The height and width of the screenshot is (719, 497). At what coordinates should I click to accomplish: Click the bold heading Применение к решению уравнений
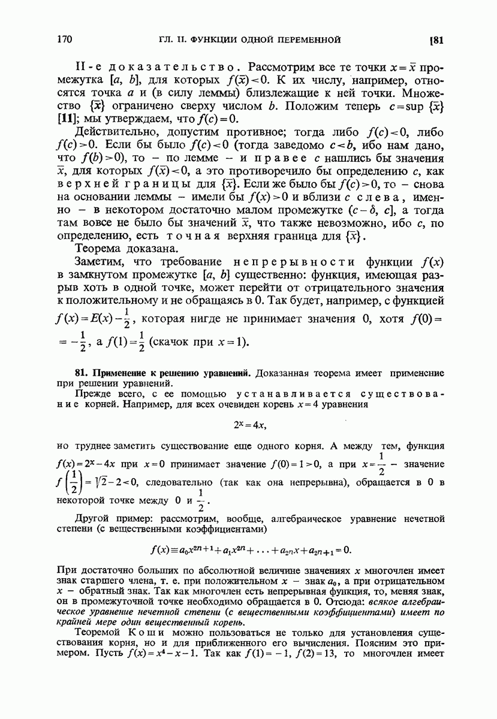tap(163, 373)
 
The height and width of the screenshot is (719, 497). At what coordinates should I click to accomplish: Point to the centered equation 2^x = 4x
tap(249, 425)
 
